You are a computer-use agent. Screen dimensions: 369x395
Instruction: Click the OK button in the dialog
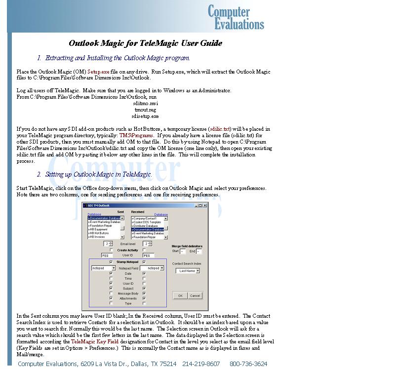point(180,295)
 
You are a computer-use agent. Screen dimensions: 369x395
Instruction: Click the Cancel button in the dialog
point(195,295)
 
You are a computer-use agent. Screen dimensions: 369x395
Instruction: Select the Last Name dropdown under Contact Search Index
point(188,271)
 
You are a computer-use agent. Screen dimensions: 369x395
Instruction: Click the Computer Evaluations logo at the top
point(236,17)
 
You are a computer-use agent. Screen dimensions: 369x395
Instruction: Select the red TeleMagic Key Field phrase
point(94,341)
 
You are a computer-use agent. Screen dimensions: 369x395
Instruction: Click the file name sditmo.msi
point(145,103)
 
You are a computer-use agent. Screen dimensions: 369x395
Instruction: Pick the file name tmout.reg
point(145,110)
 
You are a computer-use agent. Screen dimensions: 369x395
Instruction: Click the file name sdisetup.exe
point(145,116)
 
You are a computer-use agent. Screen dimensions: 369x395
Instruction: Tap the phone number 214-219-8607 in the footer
point(201,364)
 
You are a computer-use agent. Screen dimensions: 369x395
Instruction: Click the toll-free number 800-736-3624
point(248,364)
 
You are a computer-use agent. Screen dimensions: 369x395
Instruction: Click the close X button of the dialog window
point(204,205)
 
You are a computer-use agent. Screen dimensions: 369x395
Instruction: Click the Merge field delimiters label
point(187,246)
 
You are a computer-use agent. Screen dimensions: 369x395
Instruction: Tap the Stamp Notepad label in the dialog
point(127,262)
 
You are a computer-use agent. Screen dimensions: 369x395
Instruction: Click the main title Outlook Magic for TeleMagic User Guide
point(145,43)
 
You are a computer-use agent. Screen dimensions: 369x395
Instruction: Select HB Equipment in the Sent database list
point(98,229)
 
